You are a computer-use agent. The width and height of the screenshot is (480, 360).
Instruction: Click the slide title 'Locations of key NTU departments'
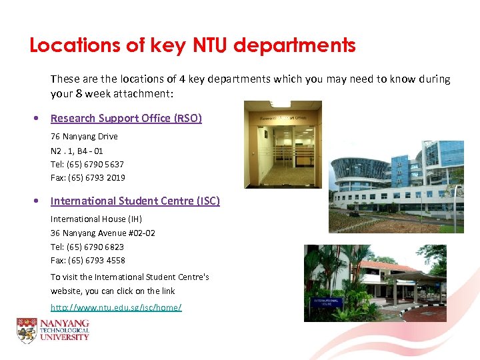(193, 45)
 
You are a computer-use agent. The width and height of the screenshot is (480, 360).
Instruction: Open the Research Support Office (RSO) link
(126, 119)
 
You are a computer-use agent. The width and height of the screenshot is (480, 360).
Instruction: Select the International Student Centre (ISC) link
(135, 201)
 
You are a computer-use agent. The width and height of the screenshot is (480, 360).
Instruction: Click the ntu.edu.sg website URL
(116, 307)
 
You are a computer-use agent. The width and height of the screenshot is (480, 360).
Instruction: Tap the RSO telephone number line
(87, 164)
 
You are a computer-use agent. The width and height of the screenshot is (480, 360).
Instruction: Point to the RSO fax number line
(88, 178)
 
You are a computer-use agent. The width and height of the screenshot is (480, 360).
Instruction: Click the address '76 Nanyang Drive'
(84, 137)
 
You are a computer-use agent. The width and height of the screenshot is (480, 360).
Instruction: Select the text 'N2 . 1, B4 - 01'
(77, 151)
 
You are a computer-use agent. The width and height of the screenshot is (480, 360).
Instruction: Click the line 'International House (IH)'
(96, 219)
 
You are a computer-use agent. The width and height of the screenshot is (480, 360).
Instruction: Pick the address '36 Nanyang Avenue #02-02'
(103, 233)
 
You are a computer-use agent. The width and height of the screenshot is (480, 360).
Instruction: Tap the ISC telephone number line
(87, 247)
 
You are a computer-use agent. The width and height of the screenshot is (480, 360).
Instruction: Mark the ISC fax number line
(88, 261)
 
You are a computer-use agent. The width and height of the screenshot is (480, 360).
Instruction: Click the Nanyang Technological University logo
(53, 330)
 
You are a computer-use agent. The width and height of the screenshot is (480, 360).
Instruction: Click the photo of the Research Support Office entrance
(283, 144)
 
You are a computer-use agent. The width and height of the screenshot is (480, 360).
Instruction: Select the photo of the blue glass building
(396, 187)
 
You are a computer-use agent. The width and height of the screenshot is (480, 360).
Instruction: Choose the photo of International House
(375, 283)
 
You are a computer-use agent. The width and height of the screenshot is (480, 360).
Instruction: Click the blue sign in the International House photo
(326, 304)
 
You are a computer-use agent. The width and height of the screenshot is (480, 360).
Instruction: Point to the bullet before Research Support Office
(36, 119)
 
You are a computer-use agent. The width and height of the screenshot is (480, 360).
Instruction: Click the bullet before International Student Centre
(36, 201)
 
